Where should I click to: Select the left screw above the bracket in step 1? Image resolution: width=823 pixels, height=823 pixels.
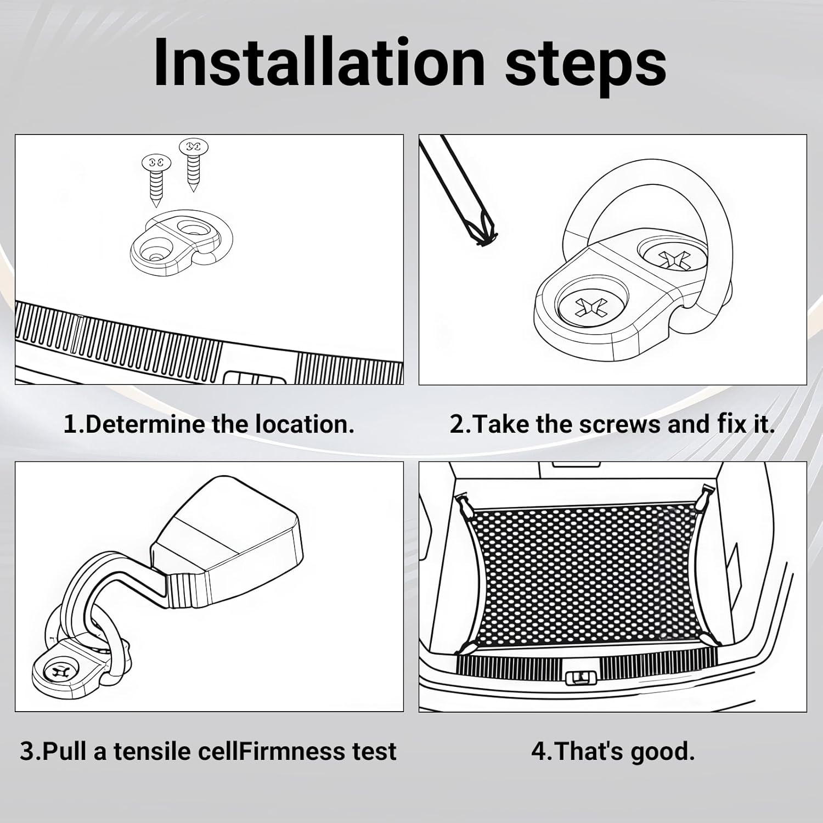pos(156,179)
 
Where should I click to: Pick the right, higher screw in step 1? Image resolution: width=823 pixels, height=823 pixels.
pos(193,164)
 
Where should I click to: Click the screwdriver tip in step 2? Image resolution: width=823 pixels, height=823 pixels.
pos(484,236)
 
